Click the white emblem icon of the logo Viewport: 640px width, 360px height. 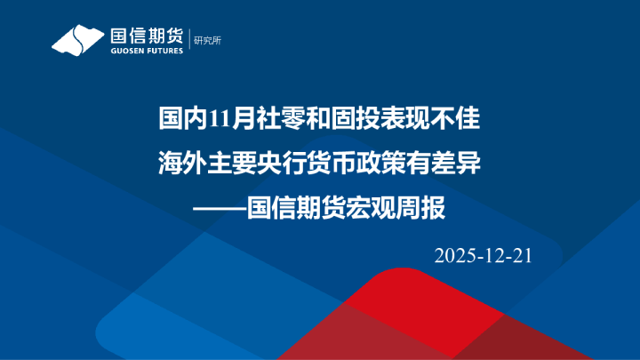(78, 40)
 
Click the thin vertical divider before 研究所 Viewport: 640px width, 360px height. (189, 40)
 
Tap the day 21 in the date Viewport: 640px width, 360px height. (522, 256)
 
